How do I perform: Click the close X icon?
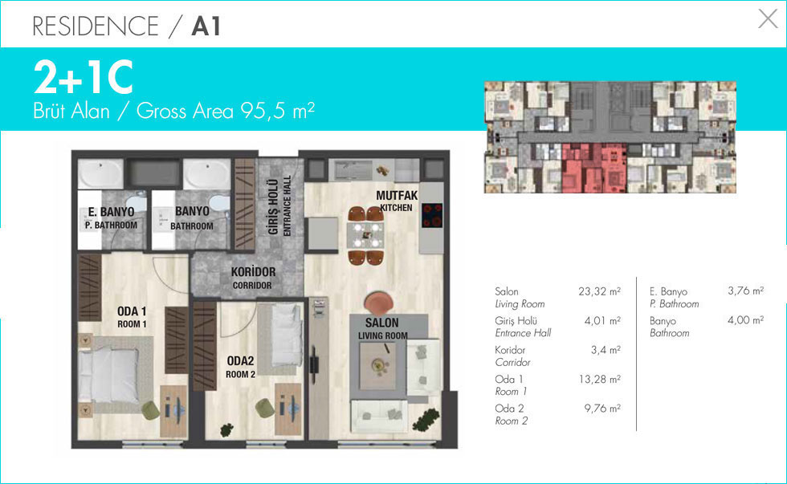coord(768,18)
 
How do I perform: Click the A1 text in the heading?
coord(206,26)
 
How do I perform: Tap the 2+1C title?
coord(84,77)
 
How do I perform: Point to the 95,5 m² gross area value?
coord(278,110)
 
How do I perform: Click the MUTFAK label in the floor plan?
coord(397,195)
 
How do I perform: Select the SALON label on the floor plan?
coord(382,323)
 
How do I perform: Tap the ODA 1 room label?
coord(132,311)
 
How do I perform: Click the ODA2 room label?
coord(240,361)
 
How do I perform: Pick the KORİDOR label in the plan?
coord(253,272)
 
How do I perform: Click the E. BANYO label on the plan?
coord(112,212)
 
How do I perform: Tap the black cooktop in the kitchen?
coord(432,215)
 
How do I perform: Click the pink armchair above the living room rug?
coord(378,304)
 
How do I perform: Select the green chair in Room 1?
coord(150,411)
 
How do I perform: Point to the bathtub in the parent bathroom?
coord(101,174)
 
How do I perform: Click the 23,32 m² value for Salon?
coord(599,291)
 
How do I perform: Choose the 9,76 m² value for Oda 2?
coord(602,409)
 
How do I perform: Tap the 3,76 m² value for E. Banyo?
coord(746,291)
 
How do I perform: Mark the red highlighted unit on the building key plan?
coord(594,168)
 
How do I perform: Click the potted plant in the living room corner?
coord(426,419)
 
